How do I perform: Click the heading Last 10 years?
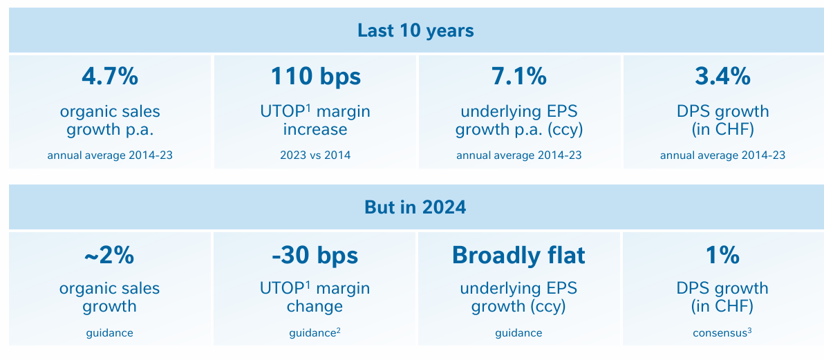[415, 30]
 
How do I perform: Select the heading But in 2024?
[415, 207]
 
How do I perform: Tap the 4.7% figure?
[110, 77]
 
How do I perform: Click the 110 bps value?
[315, 77]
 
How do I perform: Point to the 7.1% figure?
[518, 77]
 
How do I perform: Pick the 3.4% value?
[722, 77]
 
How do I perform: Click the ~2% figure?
[109, 256]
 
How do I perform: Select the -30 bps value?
[315, 256]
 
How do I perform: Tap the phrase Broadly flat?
[518, 256]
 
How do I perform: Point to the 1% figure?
[722, 256]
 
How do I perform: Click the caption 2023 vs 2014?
[315, 155]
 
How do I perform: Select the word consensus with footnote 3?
[722, 332]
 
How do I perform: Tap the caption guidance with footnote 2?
[315, 332]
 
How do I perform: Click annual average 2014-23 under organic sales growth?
[110, 155]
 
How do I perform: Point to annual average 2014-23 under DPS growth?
[722, 155]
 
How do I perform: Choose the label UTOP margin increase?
[315, 120]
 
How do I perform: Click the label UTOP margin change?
[315, 297]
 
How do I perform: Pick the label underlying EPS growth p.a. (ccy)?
[518, 120]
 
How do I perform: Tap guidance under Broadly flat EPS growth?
[518, 333]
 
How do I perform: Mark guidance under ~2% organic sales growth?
[109, 333]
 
